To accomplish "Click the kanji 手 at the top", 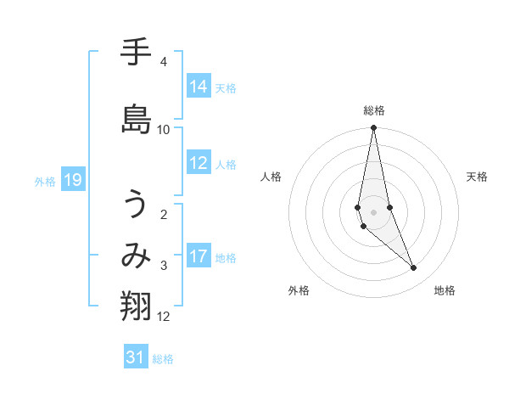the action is [137, 53].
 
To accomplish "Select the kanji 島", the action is [137, 118].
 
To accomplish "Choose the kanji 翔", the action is [137, 306].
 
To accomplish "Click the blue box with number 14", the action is [199, 87].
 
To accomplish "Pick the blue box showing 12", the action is [199, 164].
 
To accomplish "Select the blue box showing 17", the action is [199, 257].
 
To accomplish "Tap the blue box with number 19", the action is [72, 180].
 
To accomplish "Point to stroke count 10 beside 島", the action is [164, 130].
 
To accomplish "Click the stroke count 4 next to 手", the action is [163, 62].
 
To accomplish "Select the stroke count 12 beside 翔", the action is [164, 317].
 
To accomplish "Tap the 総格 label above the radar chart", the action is [374, 110].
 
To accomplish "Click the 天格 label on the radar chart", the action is [478, 177].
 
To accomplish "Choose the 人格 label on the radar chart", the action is [271, 177].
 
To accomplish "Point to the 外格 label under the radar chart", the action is [299, 290].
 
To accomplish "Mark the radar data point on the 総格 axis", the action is [373, 128].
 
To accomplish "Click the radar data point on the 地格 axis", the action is [414, 268].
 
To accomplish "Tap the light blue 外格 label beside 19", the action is [45, 181].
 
